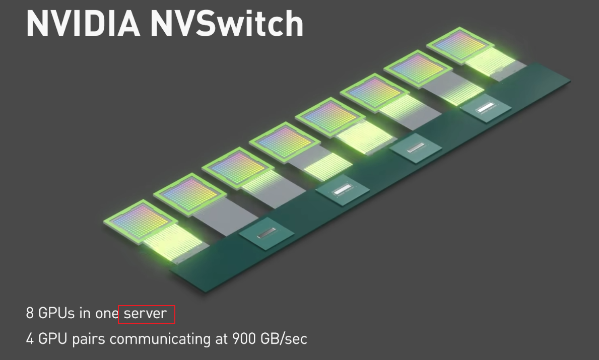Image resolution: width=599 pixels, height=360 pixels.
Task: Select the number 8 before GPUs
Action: pos(30,313)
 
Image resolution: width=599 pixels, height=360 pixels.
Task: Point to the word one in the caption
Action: pos(107,313)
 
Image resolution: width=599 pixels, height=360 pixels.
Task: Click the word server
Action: pos(145,314)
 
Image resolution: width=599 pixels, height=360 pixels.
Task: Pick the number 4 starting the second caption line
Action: pos(30,338)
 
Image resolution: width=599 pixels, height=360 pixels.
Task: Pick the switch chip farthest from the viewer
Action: pos(487,108)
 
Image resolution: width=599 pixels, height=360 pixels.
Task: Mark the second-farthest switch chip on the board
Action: pos(415,148)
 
